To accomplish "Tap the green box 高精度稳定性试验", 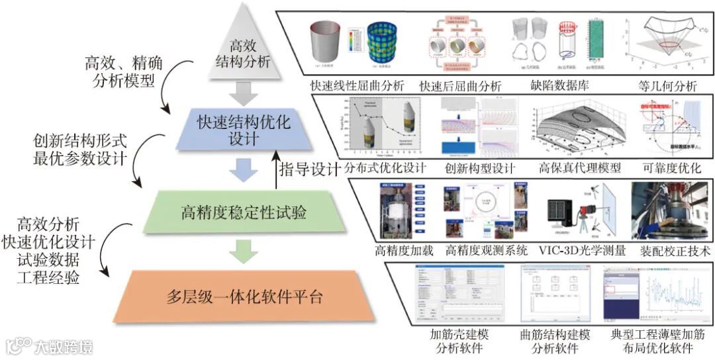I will tap(244, 213).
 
